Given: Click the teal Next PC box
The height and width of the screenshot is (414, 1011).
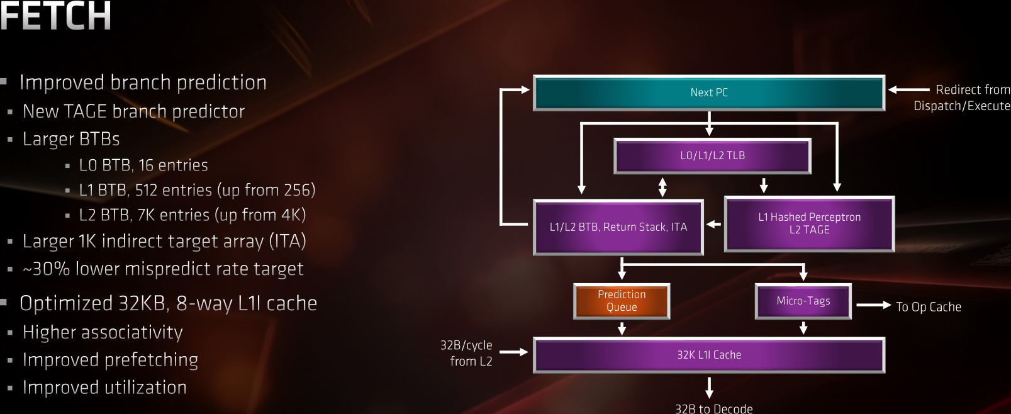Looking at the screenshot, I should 709,92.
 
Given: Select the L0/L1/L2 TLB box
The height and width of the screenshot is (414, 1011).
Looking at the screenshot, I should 712,155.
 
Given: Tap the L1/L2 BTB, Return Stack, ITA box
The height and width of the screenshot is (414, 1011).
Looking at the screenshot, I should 618,227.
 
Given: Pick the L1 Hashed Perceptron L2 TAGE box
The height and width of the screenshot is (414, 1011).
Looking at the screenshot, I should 809,223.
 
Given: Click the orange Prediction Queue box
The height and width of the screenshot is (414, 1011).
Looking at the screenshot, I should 622,301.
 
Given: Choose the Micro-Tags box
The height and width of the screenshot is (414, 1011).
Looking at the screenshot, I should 803,301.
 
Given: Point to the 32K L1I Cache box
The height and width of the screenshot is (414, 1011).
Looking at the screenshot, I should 709,355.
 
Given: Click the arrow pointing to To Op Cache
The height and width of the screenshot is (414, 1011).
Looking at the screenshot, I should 873,305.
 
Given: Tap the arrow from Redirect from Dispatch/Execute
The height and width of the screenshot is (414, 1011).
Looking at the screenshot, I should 908,90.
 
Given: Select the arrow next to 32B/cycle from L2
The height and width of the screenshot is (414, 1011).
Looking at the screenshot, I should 513,352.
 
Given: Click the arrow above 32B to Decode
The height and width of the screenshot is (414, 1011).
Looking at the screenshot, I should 709,387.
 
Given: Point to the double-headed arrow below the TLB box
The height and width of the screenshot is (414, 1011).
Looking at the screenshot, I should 662,186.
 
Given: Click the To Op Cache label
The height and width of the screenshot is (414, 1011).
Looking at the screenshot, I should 928,307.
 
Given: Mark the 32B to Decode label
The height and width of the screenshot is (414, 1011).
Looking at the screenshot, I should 713,408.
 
